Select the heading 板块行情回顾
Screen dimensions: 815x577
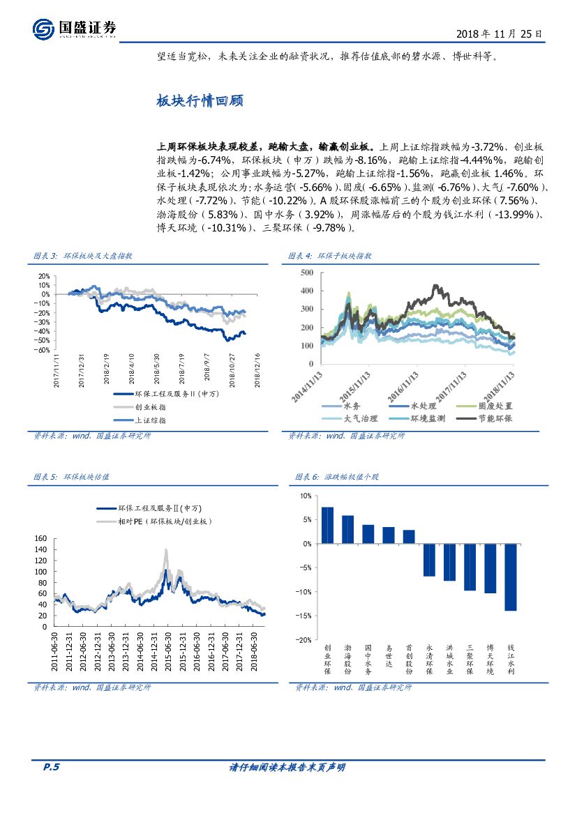[x=199, y=100]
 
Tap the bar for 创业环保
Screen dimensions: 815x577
[x=327, y=525]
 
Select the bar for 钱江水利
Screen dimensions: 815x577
[x=510, y=577]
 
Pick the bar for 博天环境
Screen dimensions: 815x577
[x=490, y=568]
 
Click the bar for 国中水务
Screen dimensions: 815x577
[x=368, y=534]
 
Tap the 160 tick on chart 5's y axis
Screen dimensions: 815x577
[x=40, y=539]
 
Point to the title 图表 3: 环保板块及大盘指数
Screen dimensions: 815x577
[x=83, y=256]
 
